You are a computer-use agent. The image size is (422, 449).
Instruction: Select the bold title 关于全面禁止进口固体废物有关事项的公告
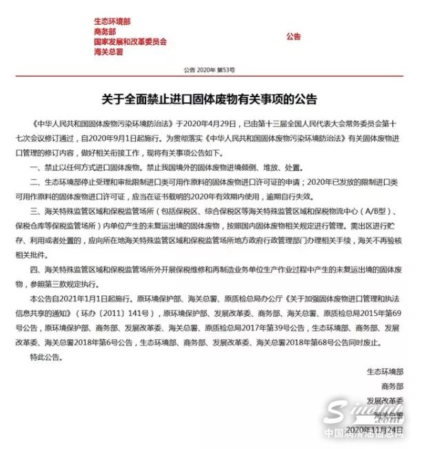pos(212,98)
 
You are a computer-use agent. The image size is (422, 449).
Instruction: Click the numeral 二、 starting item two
pos(38,182)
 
